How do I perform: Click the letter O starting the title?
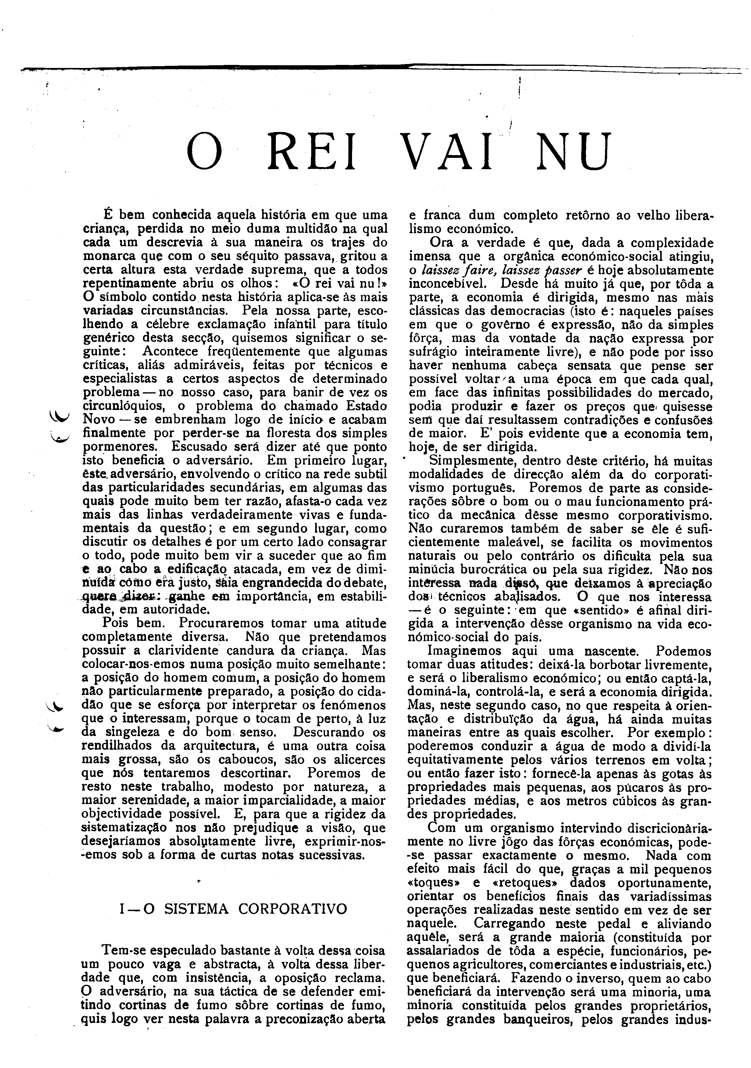(205, 152)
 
